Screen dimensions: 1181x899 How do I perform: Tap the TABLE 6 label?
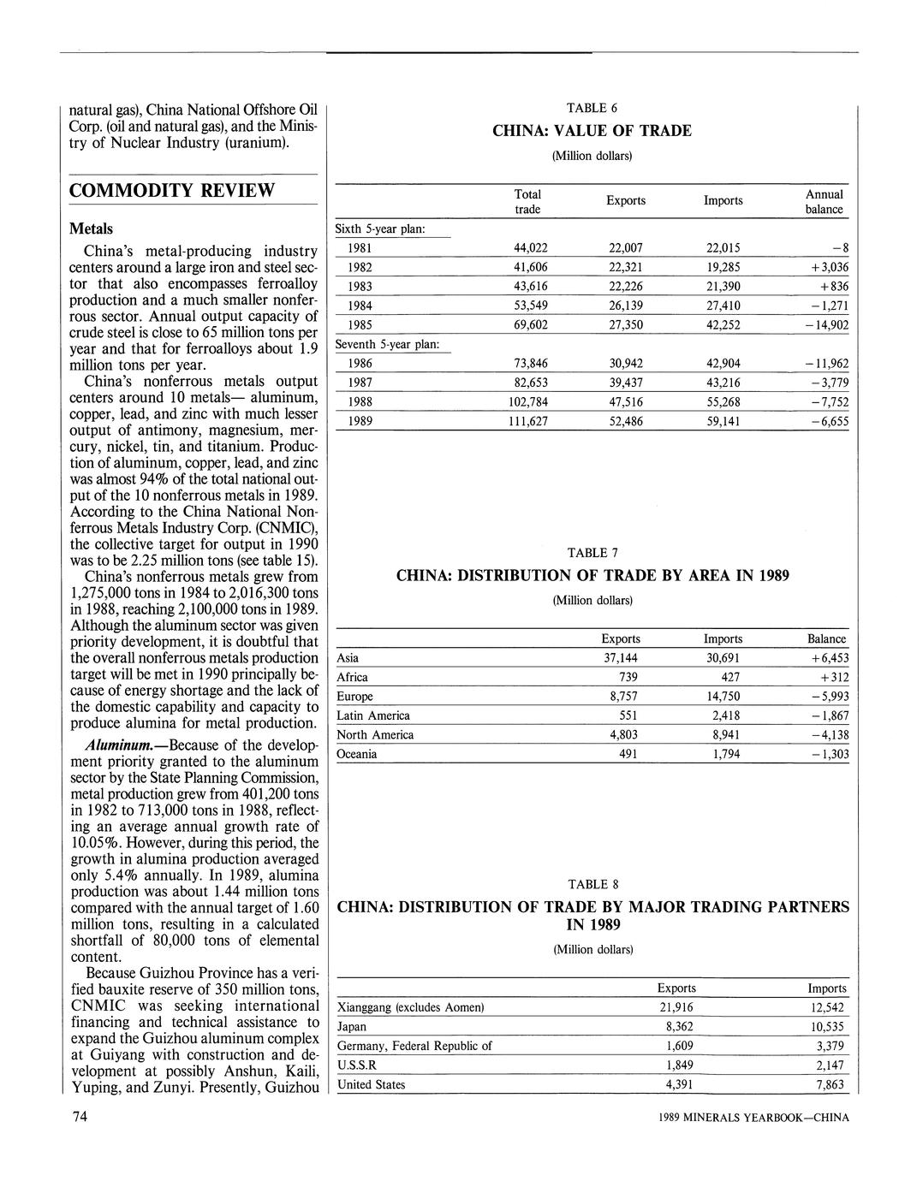coord(592,108)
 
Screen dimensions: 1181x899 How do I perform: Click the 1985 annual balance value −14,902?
coord(823,325)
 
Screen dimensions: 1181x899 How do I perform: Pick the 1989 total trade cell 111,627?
coord(530,422)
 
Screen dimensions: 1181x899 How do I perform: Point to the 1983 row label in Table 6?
coord(360,287)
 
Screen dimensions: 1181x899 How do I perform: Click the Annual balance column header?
coord(824,201)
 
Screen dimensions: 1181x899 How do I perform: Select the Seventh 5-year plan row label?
coord(387,344)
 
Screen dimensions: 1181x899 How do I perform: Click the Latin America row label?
coord(373,715)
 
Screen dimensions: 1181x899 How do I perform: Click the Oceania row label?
coord(357,754)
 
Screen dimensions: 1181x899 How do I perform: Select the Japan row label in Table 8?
coord(352,1026)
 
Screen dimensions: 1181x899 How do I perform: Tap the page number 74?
coord(71,1118)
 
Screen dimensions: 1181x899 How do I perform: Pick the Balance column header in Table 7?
coord(826,638)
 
